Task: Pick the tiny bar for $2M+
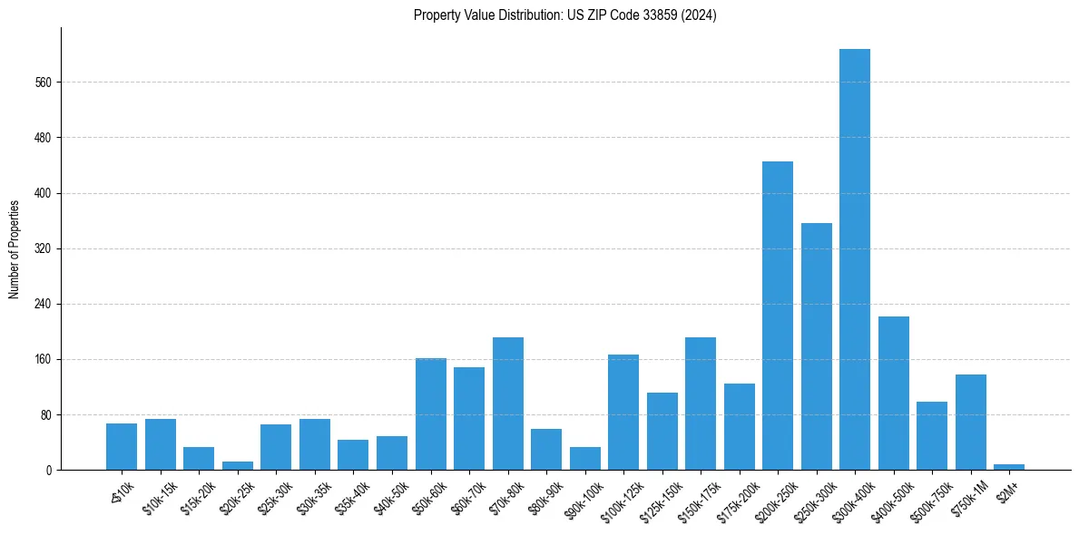point(1008,467)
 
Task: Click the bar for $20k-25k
point(238,465)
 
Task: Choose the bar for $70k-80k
point(507,404)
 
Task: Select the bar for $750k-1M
point(970,422)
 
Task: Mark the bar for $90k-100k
point(584,458)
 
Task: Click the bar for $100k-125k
point(623,412)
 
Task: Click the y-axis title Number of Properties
point(15,249)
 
